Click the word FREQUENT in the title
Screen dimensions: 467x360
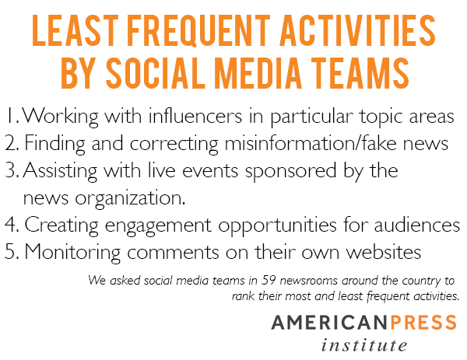point(198,30)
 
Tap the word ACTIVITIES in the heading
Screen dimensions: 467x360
point(357,30)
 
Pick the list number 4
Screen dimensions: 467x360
point(12,225)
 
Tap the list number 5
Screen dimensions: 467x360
point(12,252)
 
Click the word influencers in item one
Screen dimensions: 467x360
point(195,115)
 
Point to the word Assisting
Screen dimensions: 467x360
point(60,171)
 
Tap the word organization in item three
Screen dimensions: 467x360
point(130,198)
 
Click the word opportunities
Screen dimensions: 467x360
point(278,225)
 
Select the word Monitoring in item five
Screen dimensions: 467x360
point(72,253)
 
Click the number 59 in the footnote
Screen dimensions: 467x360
point(268,280)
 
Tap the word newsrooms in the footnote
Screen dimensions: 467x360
point(309,281)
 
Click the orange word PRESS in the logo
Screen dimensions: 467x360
point(423,322)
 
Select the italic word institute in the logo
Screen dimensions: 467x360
point(364,345)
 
